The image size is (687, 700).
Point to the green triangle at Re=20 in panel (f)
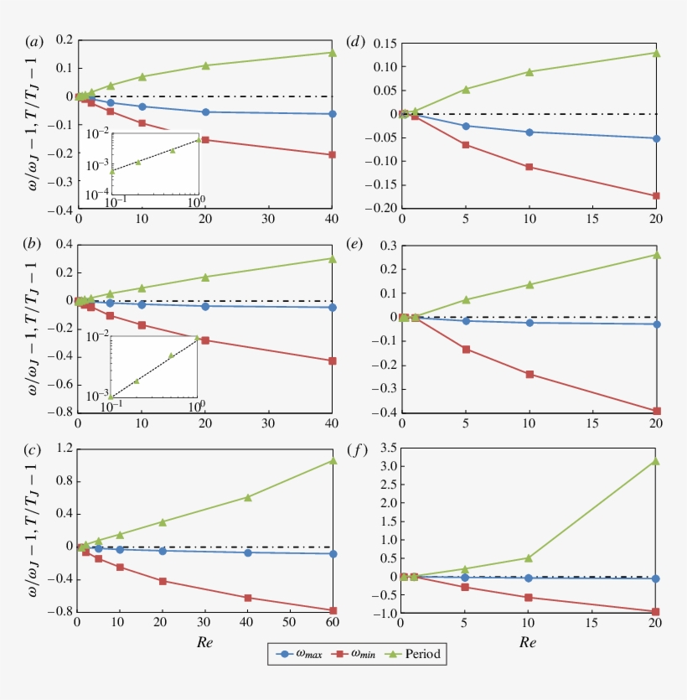(656, 461)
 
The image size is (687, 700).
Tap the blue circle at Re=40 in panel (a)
(333, 114)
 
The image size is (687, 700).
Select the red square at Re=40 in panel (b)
(333, 361)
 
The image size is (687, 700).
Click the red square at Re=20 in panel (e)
(656, 411)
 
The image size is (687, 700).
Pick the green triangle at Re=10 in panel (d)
(529, 72)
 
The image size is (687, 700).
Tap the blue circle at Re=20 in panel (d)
(656, 138)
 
